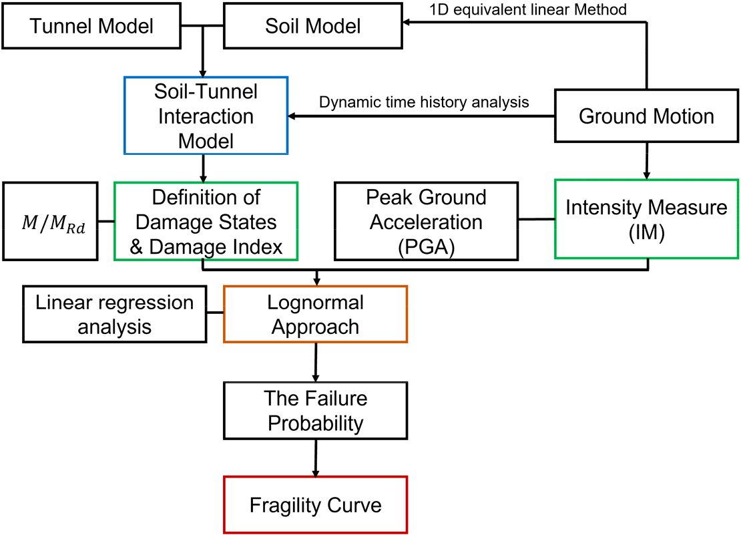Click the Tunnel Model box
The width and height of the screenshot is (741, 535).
point(91,26)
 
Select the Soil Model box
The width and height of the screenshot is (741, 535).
point(313,26)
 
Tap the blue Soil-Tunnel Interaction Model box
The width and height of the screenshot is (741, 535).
point(206,116)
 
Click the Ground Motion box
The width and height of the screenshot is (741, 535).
point(646,116)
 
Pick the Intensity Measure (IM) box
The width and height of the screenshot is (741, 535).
point(646,219)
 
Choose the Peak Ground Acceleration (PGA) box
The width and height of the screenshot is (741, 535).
point(427,222)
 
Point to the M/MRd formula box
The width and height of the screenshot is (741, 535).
point(50,222)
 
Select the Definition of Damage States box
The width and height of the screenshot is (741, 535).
point(206,222)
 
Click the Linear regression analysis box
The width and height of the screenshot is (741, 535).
point(114,315)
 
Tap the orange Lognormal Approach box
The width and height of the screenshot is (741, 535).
point(315,315)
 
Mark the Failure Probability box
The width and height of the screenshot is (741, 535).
point(315,411)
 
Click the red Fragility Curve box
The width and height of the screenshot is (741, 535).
point(315,505)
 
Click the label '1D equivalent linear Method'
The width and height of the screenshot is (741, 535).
point(528,9)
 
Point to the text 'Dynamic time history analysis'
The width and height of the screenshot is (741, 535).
point(424,102)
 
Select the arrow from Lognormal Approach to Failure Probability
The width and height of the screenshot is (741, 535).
point(316,362)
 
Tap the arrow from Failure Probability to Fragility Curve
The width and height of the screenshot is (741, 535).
point(316,458)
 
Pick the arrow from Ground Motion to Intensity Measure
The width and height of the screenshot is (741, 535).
point(646,161)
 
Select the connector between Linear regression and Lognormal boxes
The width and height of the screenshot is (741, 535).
point(215,313)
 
